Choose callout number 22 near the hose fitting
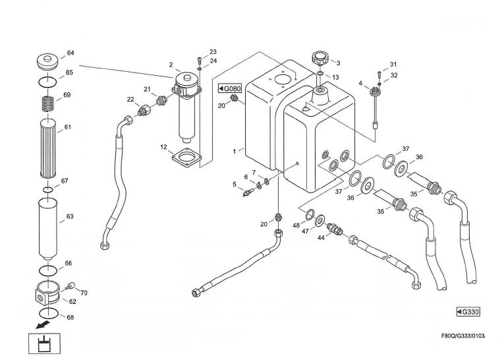click(130, 99)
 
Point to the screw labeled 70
click(71, 286)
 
